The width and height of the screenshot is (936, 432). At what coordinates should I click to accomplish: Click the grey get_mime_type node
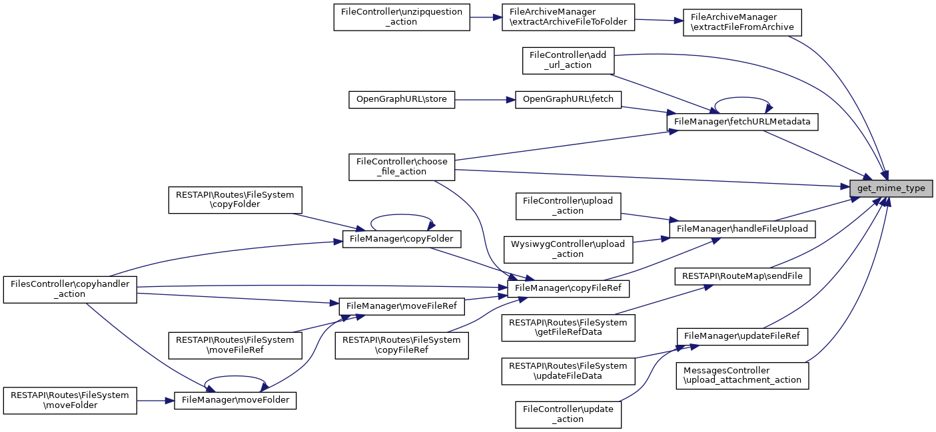pos(891,188)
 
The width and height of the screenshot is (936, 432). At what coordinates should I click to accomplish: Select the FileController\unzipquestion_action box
pos(402,17)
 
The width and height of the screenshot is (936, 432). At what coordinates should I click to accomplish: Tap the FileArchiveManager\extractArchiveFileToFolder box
pos(568,17)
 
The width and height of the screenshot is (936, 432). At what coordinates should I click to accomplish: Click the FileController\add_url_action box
pos(568,60)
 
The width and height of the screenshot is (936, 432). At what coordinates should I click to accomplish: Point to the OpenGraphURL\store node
pos(402,100)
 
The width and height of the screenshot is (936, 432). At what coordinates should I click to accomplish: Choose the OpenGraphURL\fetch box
pos(568,100)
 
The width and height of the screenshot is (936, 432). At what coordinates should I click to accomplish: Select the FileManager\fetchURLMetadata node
pos(742,122)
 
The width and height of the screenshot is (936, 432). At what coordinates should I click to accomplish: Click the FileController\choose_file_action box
pos(402,166)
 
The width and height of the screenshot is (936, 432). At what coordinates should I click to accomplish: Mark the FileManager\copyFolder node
pos(402,238)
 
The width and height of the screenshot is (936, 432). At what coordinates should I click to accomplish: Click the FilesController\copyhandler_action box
pos(69,289)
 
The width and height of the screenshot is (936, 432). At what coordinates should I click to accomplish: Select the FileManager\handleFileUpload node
pos(742,228)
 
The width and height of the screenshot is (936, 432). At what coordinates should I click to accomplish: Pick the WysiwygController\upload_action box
pos(568,249)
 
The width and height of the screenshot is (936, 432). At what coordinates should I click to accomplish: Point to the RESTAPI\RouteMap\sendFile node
pos(742,275)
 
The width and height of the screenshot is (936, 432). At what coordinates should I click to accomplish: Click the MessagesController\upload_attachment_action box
pos(742,375)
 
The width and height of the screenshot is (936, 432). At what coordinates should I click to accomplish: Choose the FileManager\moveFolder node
pos(235,401)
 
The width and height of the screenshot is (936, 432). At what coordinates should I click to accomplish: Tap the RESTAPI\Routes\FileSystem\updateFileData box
pos(568,371)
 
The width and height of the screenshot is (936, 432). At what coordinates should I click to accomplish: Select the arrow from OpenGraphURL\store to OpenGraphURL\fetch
pos(485,100)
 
